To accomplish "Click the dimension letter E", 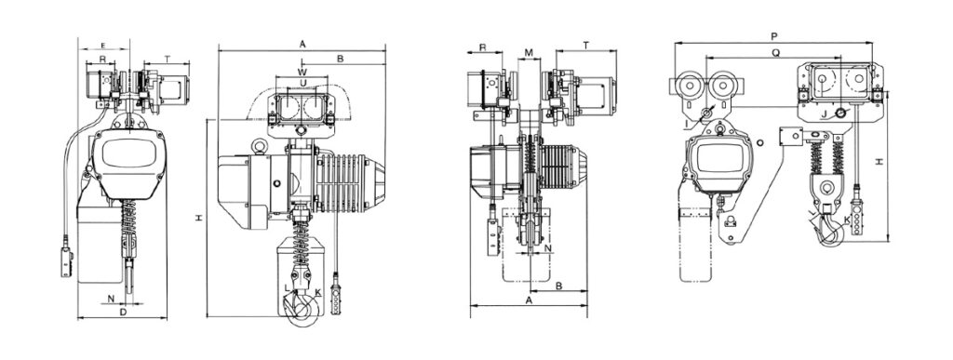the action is (x=103, y=46).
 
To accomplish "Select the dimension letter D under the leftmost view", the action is (x=123, y=312).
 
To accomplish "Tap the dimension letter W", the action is (x=302, y=72).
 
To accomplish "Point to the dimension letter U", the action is (x=302, y=82).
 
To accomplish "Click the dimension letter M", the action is (x=529, y=53).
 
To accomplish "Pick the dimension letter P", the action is (x=773, y=36).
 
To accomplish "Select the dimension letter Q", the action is (x=776, y=53).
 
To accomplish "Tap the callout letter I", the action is (x=686, y=125).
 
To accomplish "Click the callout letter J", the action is (x=825, y=113).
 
